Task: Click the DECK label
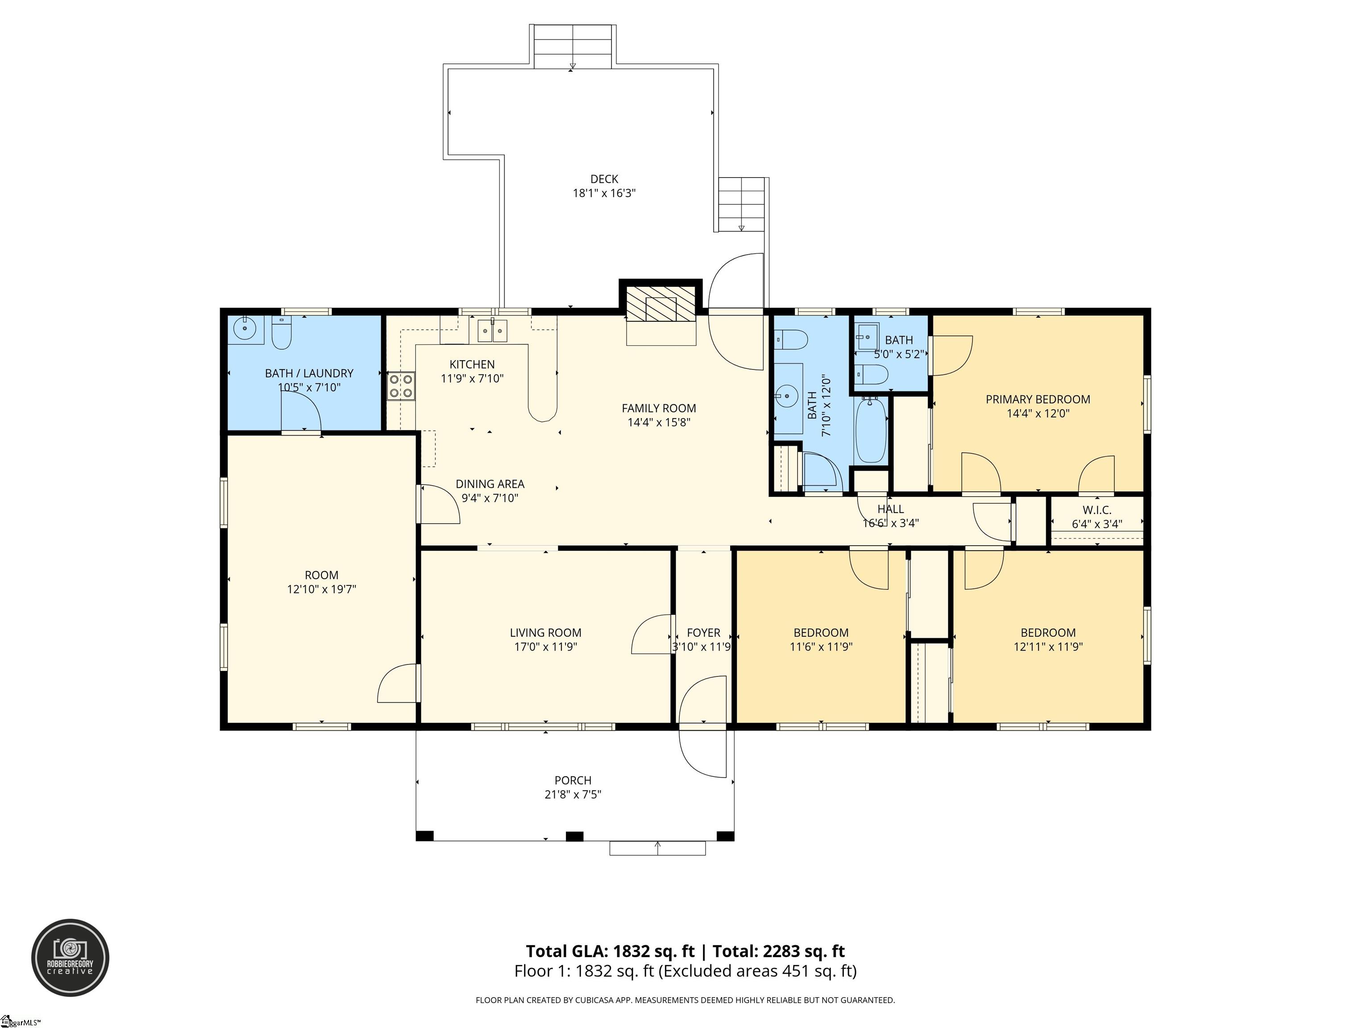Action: click(604, 179)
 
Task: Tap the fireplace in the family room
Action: click(661, 304)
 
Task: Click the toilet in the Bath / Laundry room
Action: click(282, 333)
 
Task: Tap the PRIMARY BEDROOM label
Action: click(1038, 400)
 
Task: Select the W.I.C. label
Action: click(1097, 510)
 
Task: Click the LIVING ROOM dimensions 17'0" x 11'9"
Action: click(545, 647)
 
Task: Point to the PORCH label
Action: click(573, 780)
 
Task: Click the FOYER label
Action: click(703, 633)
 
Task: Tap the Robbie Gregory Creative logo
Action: click(70, 958)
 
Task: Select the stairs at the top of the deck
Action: click(573, 46)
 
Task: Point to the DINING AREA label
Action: click(490, 484)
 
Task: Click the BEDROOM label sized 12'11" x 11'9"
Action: click(1048, 633)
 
